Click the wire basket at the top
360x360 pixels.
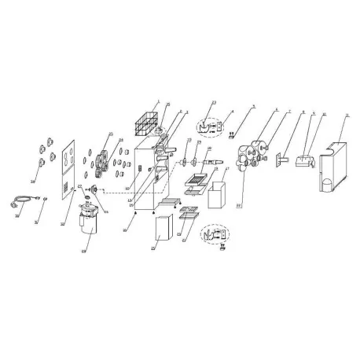pos(145,125)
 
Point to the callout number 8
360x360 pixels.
pos(303,114)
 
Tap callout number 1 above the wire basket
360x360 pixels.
pos(158,103)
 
